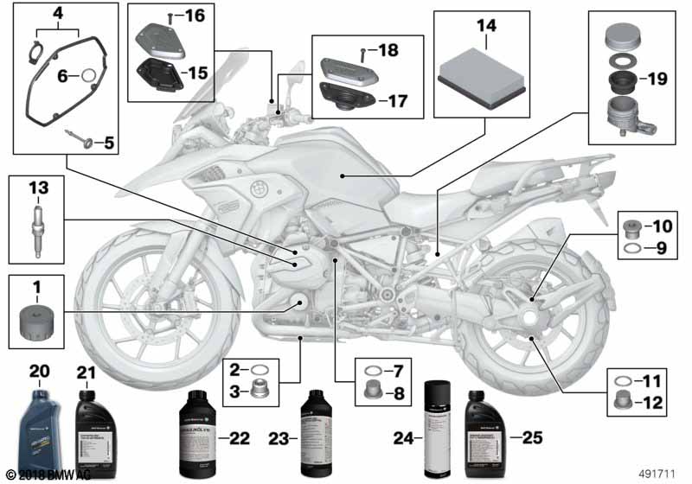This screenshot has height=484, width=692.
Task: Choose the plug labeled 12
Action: point(619,401)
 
